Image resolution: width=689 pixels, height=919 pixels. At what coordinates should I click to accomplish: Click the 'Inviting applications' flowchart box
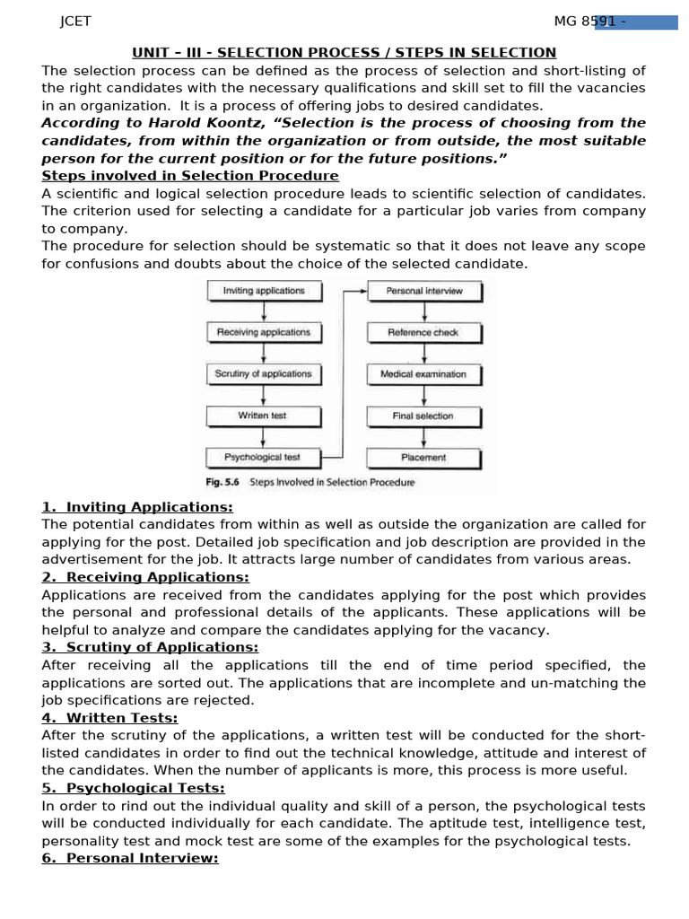[263, 291]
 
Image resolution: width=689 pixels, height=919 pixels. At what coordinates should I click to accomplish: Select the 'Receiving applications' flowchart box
[263, 332]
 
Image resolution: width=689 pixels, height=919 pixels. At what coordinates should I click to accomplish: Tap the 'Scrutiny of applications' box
[263, 374]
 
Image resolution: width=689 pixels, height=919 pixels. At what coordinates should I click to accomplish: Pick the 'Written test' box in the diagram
[263, 416]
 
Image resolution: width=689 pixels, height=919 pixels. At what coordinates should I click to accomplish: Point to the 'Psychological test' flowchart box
[263, 458]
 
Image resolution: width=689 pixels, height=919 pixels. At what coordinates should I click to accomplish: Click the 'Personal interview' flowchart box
[423, 291]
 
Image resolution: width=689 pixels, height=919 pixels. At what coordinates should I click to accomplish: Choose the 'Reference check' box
[423, 332]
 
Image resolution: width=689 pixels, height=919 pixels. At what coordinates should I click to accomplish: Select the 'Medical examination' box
[423, 374]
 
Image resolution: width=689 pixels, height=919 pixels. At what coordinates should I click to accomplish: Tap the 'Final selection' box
[423, 416]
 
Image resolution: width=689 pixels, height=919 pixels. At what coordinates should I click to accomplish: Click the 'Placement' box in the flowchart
[423, 458]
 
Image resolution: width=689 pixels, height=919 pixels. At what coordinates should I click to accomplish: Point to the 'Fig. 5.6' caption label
[222, 483]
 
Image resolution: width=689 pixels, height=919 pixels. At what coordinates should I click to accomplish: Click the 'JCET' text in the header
[75, 22]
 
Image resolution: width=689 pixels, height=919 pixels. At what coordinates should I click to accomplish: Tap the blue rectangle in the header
[636, 22]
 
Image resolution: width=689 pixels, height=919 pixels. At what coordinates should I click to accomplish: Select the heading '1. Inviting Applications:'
[137, 507]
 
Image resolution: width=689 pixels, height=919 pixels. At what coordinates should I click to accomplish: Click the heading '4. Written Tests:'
[109, 718]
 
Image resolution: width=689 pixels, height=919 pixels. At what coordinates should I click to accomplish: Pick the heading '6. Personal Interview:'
[130, 859]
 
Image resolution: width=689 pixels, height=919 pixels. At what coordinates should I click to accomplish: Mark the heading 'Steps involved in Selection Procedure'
[190, 176]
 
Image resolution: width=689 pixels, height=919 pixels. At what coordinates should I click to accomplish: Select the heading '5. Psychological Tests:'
[133, 788]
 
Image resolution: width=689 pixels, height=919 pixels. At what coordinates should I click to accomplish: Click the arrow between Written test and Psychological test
[263, 437]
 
